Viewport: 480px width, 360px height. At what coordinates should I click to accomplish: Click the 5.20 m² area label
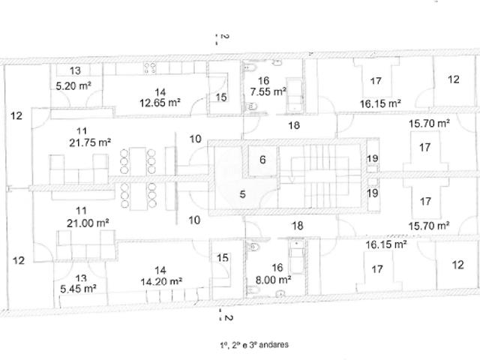pos(73,85)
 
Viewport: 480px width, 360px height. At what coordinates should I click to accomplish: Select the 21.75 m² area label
pos(90,142)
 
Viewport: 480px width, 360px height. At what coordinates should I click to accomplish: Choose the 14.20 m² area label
pos(161,282)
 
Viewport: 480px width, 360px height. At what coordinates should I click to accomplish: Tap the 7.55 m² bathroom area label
pos(268,91)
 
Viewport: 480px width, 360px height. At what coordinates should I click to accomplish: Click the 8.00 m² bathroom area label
pos(274,278)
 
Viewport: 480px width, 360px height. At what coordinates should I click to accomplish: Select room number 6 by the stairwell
pos(262,159)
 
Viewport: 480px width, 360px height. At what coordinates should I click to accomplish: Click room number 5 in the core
pos(242,193)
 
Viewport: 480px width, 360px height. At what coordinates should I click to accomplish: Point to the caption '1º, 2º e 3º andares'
pos(250,346)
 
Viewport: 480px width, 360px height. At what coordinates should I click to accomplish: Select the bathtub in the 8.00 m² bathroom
pos(298,258)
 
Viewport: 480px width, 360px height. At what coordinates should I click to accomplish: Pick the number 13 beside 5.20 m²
pos(75,70)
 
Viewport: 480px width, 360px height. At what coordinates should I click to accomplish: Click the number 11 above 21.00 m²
pos(81,211)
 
